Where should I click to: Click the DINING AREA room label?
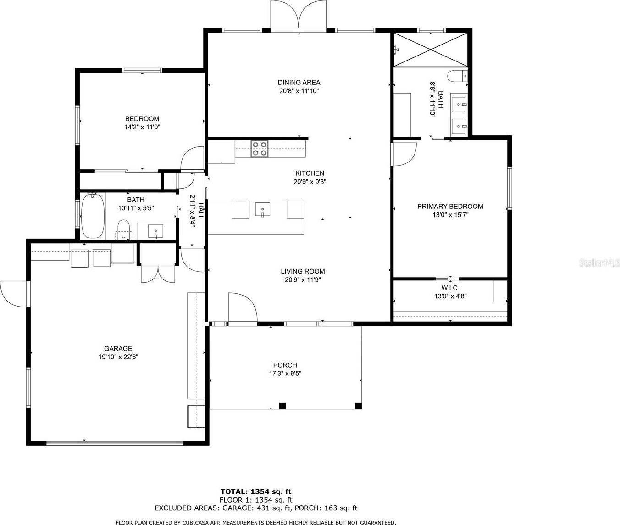pos(299,83)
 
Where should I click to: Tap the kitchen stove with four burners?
pos(260,149)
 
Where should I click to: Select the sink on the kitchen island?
pos(262,210)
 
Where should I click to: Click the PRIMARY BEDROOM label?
pos(450,207)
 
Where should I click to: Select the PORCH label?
pos(285,365)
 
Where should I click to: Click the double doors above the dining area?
pos(299,15)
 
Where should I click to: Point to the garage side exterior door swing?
pos(13,294)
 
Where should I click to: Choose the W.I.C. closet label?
pos(450,288)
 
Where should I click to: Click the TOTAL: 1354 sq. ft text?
pos(256,491)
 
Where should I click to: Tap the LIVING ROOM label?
pos(303,271)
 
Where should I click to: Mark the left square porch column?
pos(282,406)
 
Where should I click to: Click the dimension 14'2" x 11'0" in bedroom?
pos(142,127)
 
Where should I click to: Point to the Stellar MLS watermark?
pos(599,263)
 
